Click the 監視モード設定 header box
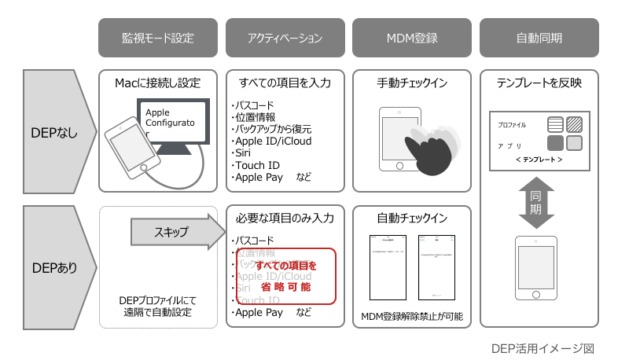click(x=157, y=38)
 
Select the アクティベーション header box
click(x=285, y=38)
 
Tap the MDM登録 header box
click(x=412, y=38)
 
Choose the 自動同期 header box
click(x=539, y=38)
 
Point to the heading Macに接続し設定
click(x=157, y=83)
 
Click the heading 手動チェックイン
click(x=412, y=83)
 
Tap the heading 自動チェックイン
click(x=412, y=218)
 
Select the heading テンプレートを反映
click(x=539, y=83)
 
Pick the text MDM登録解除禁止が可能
click(x=412, y=317)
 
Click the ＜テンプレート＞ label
click(x=539, y=160)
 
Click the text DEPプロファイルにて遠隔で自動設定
click(x=157, y=307)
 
